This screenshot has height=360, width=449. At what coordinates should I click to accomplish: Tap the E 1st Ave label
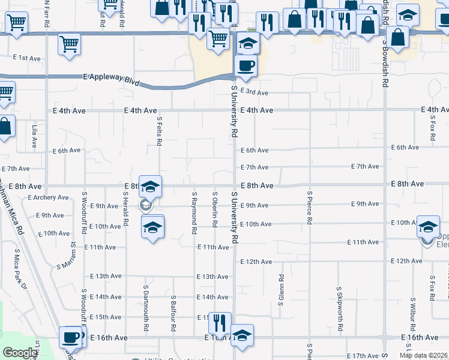pyautogui.click(x=26, y=58)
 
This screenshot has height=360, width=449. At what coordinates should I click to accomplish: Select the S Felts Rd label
pyautogui.click(x=160, y=131)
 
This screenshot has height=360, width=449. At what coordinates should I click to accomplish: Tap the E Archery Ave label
pyautogui.click(x=48, y=197)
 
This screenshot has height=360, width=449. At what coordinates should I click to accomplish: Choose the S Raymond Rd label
pyautogui.click(x=194, y=212)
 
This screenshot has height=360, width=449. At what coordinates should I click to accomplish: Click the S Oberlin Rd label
pyautogui.click(x=214, y=209)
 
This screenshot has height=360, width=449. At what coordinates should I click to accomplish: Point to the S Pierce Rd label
pyautogui.click(x=310, y=208)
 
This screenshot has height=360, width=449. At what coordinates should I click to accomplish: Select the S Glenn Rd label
pyautogui.click(x=281, y=290)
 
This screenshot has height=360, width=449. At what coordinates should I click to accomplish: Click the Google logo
pyautogui.click(x=20, y=353)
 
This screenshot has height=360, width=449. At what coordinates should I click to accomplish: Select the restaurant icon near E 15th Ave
pyautogui.click(x=220, y=322)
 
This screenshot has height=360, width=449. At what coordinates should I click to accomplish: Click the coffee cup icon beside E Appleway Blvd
pyautogui.click(x=245, y=65)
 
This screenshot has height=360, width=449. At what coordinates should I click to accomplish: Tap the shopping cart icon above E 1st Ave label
pyautogui.click(x=70, y=43)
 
